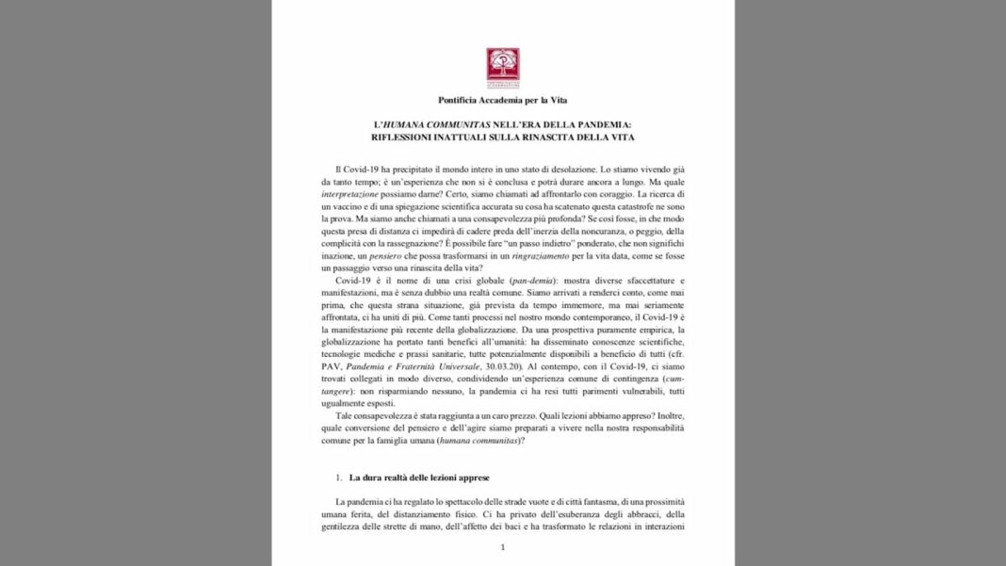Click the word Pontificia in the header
(x=465, y=100)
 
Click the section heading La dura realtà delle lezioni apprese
(x=419, y=477)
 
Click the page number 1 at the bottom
(x=502, y=547)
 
